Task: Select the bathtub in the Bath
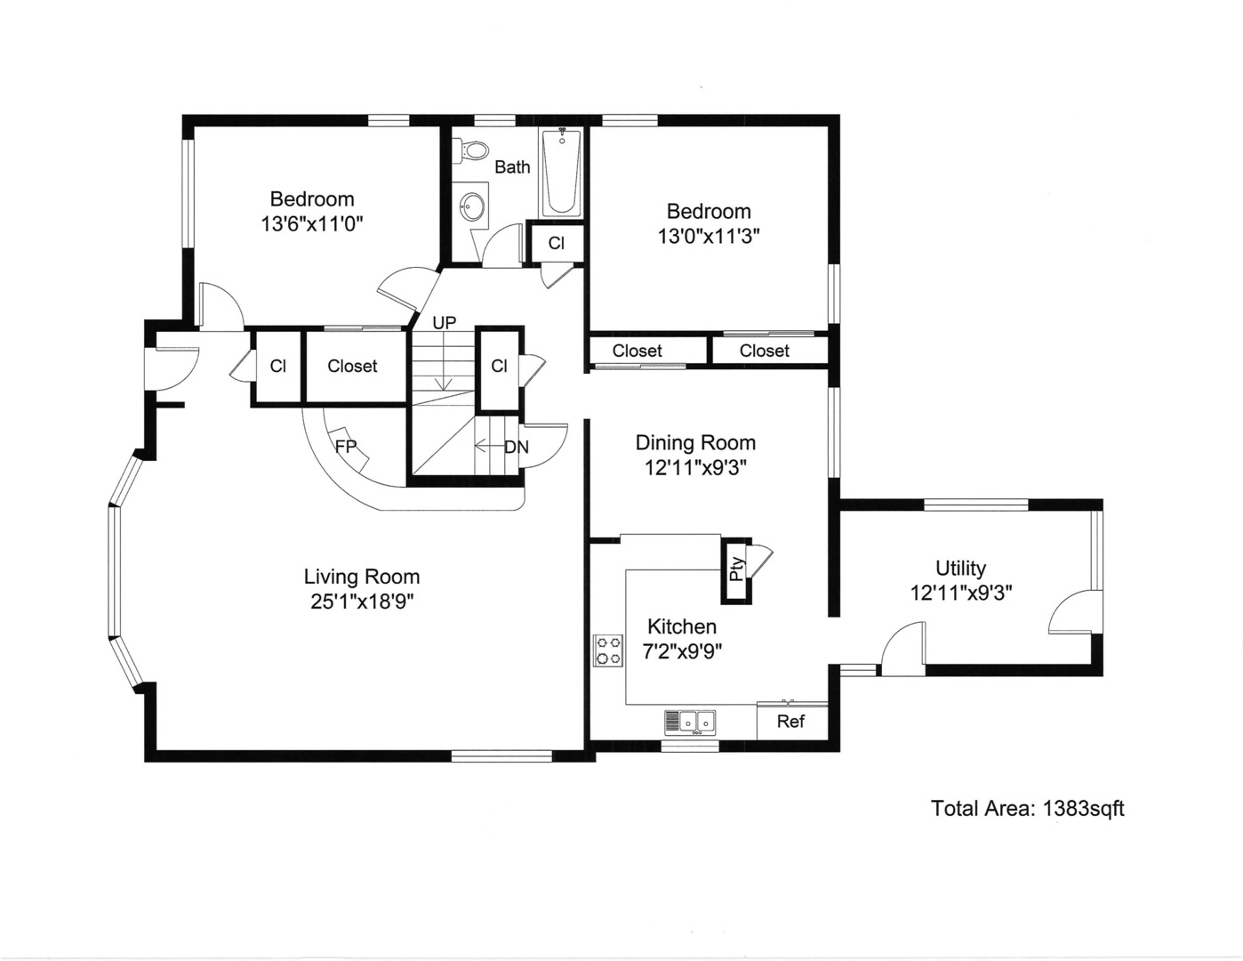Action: [x=561, y=173]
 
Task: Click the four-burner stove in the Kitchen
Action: [x=608, y=650]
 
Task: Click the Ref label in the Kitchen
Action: [x=790, y=721]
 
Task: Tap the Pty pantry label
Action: [x=736, y=569]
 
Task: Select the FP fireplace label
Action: [x=345, y=447]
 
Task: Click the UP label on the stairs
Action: [x=444, y=322]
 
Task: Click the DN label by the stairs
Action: [x=516, y=447]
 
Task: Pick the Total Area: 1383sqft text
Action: [x=1027, y=808]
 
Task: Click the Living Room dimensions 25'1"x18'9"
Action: [x=362, y=602]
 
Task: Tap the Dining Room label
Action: [x=695, y=442]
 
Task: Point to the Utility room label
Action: [x=960, y=568]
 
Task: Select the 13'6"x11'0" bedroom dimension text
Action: [x=312, y=223]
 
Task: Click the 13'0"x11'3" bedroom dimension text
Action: [x=709, y=236]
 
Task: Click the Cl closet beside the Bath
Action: [x=556, y=243]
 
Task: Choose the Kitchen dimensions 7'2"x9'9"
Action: [x=682, y=650]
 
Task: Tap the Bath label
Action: [x=512, y=166]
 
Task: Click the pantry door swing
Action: [x=761, y=559]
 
